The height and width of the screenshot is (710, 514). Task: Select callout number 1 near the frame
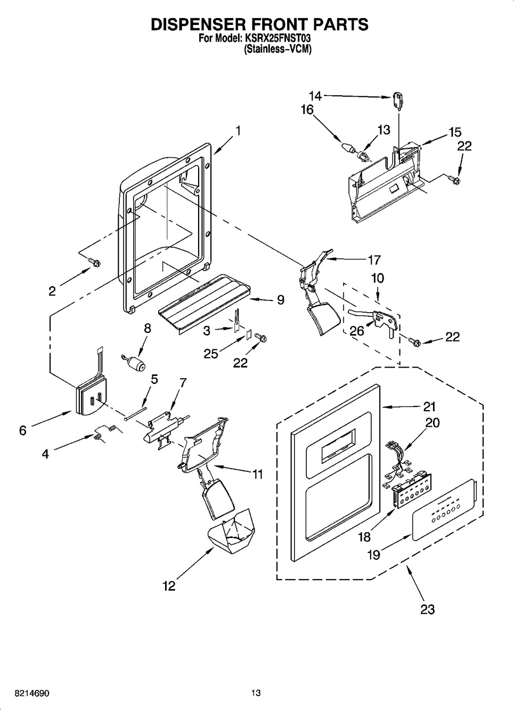(x=238, y=130)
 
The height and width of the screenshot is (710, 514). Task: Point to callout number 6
(x=23, y=430)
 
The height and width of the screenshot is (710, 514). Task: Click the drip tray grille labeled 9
(x=205, y=304)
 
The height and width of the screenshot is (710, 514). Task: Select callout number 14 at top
(x=315, y=96)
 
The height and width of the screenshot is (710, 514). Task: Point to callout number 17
(x=374, y=260)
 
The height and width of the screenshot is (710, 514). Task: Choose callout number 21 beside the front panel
(x=429, y=406)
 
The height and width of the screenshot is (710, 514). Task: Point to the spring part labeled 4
(x=104, y=432)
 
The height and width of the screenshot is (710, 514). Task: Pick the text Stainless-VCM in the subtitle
(x=278, y=50)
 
